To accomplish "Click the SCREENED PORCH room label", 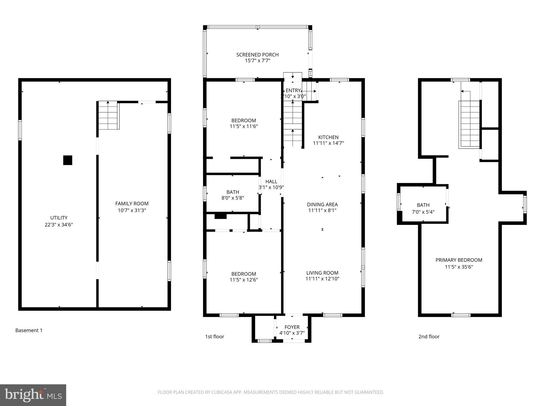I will (257, 55).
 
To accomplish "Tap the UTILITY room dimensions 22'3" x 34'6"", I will (59, 225).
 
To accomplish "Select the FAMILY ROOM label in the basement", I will (132, 204).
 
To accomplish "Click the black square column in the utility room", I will (68, 160).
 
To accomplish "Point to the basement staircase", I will (108, 116).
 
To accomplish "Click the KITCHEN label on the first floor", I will (328, 137).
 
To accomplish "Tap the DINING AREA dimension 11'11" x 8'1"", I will (322, 210).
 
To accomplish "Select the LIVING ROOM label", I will (322, 273).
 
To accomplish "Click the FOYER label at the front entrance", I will (292, 327).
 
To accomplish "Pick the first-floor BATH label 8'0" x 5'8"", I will (233, 192).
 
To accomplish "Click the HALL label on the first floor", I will (271, 182).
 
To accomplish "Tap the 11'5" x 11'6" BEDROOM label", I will (243, 121).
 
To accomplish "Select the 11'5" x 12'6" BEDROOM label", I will (243, 274).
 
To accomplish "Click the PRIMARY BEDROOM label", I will (459, 260).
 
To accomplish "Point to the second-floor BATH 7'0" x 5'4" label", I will (423, 205).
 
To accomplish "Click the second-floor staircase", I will (469, 124).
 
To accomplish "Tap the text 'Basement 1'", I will (29, 330).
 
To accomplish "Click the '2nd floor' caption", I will (429, 336).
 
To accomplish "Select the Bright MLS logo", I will (33, 395).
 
